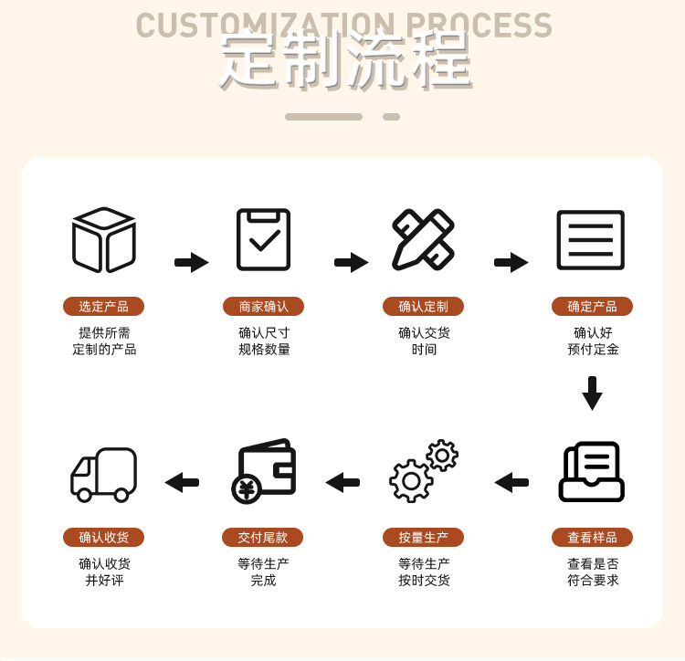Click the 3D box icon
104,240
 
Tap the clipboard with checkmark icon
263,239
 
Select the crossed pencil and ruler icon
423,239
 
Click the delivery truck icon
103,475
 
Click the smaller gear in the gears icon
442,455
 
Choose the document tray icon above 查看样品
592,471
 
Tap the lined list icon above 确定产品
591,240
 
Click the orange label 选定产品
103,307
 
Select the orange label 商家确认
263,307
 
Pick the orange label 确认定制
423,307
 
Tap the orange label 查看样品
592,538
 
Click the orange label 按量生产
423,538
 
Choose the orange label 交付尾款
263,538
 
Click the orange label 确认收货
103,538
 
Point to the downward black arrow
592,393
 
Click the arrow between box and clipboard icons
192,263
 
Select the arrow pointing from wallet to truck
182,482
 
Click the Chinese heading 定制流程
345,62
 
